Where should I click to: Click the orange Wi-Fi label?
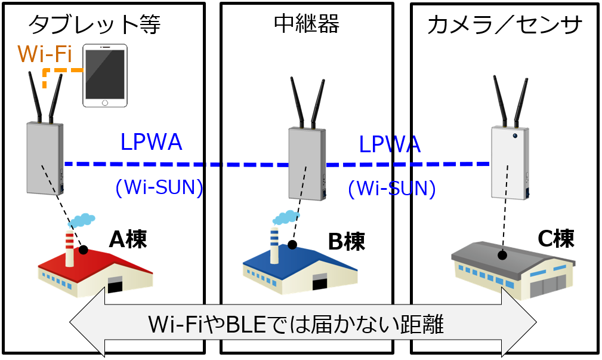click(45, 54)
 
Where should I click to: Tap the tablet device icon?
click(105, 75)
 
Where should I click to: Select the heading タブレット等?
click(94, 24)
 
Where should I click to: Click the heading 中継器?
click(307, 23)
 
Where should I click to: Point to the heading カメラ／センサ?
click(505, 25)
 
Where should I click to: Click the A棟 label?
click(128, 239)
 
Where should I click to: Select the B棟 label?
click(346, 241)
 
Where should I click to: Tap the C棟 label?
click(555, 238)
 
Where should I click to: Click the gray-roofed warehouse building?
click(513, 269)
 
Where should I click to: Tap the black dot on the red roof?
click(84, 250)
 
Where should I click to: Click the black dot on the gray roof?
click(502, 255)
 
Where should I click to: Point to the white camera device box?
click(510, 162)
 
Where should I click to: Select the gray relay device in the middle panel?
click(307, 164)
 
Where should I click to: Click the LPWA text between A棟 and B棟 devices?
click(151, 142)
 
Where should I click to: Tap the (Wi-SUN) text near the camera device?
click(391, 189)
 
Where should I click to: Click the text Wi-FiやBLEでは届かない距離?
click(297, 325)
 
